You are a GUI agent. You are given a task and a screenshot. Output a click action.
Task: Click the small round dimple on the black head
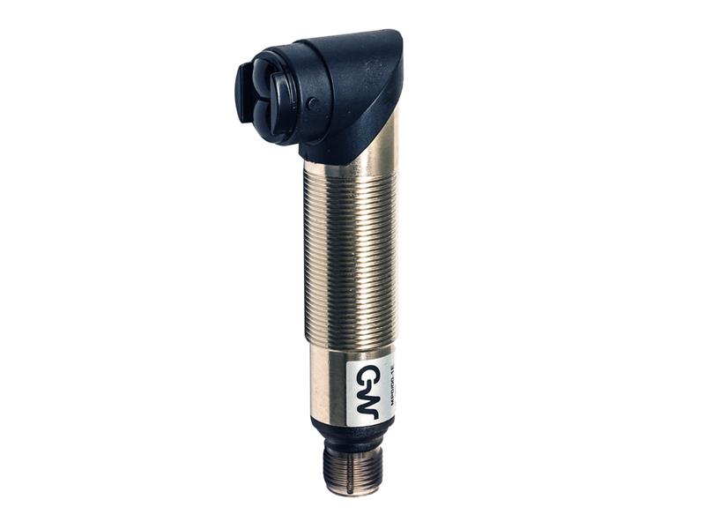click(313, 102)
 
